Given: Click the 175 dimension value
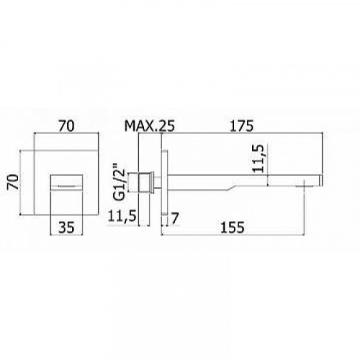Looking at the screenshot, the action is (241, 126).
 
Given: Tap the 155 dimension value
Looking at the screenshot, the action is (232, 227).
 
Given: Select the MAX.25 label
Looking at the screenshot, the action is (149, 126).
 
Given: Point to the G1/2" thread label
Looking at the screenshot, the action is (119, 181).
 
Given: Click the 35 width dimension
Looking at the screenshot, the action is (66, 227).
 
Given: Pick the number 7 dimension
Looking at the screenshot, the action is (175, 218).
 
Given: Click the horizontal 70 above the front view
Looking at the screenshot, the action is (66, 126).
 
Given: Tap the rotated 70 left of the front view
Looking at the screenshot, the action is (13, 182).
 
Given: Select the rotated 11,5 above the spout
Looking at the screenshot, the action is (258, 158).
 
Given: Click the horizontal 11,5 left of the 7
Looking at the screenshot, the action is (122, 215).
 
